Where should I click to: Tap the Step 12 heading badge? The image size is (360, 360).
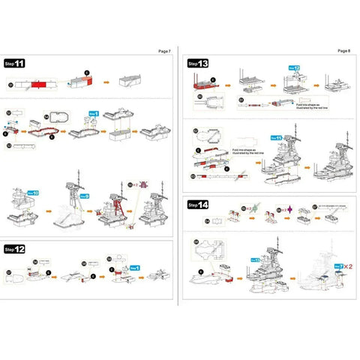(15, 248)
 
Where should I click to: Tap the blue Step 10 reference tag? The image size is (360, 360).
(34, 192)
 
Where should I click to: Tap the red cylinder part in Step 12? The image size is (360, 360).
(36, 274)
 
